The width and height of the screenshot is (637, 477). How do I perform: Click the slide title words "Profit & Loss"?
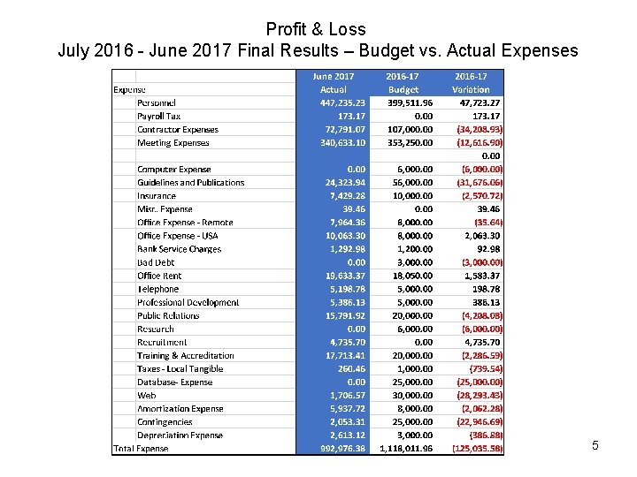[316, 29]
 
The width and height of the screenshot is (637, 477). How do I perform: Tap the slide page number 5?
[595, 445]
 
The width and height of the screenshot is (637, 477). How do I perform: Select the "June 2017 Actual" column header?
[334, 83]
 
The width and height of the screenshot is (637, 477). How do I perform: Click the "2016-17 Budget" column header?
[403, 83]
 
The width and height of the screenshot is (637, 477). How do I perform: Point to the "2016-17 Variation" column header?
[471, 83]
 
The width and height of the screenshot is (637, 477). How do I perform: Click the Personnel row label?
[156, 102]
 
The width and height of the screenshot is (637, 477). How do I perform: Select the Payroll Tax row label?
[158, 116]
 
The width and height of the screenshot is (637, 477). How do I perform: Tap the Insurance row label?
[156, 196]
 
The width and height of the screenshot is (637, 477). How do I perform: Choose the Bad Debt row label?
[156, 262]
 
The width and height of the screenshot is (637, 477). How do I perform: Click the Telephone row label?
[157, 289]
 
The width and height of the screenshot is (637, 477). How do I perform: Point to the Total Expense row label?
[141, 449]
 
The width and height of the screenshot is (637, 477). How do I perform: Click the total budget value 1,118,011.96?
[405, 449]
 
